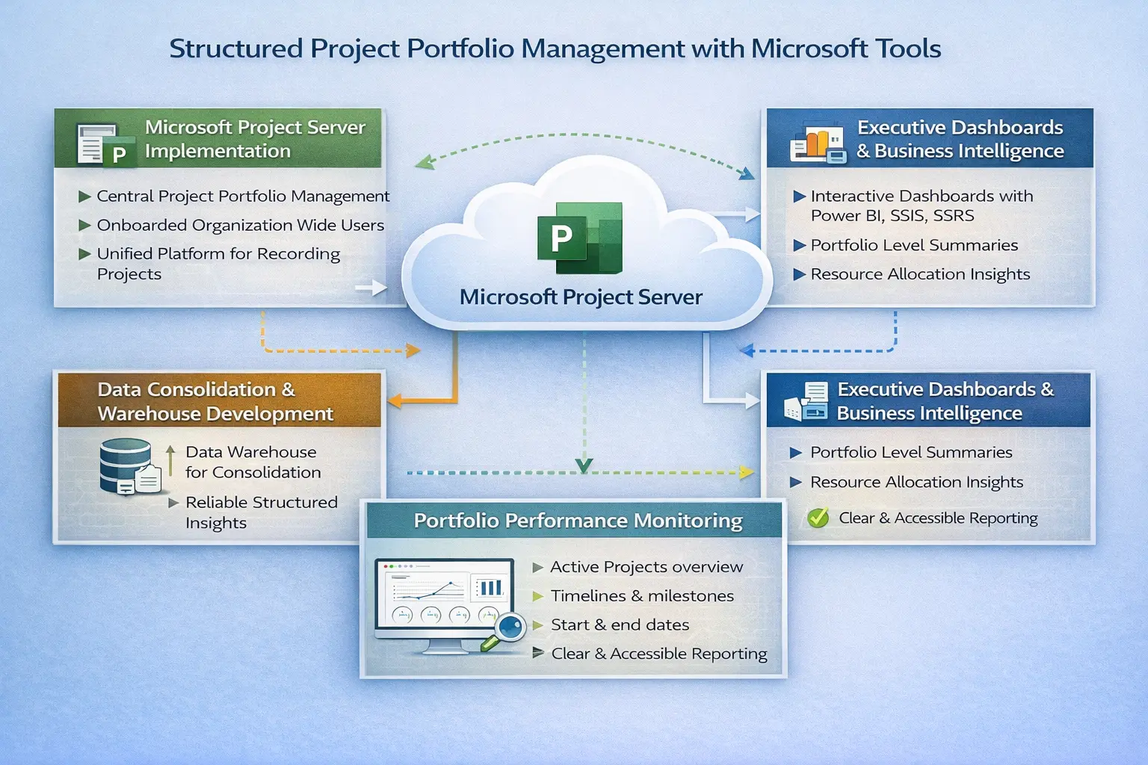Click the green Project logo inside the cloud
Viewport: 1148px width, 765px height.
(x=579, y=238)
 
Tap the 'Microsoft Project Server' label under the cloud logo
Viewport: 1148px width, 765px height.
(x=581, y=297)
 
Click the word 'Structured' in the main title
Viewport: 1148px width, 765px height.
(x=235, y=49)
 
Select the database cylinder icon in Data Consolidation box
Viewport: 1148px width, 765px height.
(x=126, y=465)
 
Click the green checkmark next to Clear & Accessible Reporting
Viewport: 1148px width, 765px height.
(x=818, y=518)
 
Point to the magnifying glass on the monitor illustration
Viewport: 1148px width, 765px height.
(x=508, y=628)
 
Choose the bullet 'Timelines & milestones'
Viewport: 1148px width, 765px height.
(x=642, y=596)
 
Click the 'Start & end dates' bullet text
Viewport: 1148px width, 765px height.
(x=620, y=625)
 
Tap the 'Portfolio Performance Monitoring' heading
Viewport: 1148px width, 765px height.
(x=578, y=521)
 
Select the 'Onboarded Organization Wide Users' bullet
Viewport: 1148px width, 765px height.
(x=240, y=226)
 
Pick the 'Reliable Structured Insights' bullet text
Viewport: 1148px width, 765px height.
(x=261, y=512)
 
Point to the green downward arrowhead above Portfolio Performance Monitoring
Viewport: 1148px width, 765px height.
(x=584, y=466)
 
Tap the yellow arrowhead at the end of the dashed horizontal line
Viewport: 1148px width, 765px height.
(x=746, y=472)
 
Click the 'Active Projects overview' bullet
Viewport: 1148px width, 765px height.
(x=646, y=567)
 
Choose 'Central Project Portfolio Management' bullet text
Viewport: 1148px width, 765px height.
(x=243, y=196)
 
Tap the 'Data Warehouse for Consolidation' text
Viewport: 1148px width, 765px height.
(x=253, y=462)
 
